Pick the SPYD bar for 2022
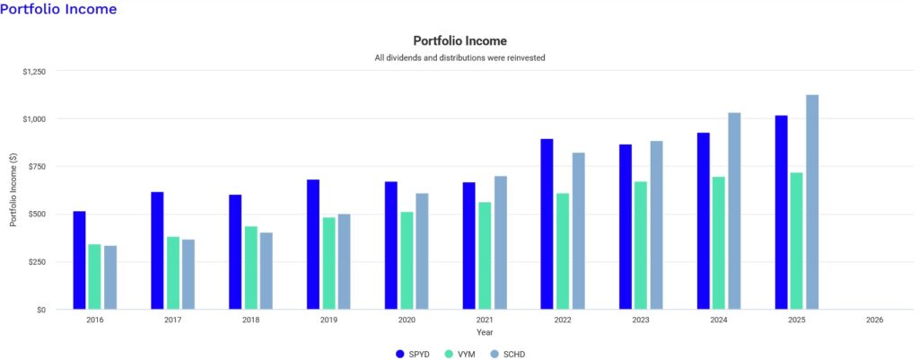point(547,224)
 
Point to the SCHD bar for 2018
point(267,271)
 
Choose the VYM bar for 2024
point(719,242)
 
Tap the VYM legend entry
point(461,354)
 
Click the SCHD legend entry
point(507,354)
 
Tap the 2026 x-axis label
point(875,320)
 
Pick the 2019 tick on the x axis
point(328,320)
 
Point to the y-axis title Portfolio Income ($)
point(13,190)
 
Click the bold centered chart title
point(459,41)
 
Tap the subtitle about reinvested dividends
point(459,58)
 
